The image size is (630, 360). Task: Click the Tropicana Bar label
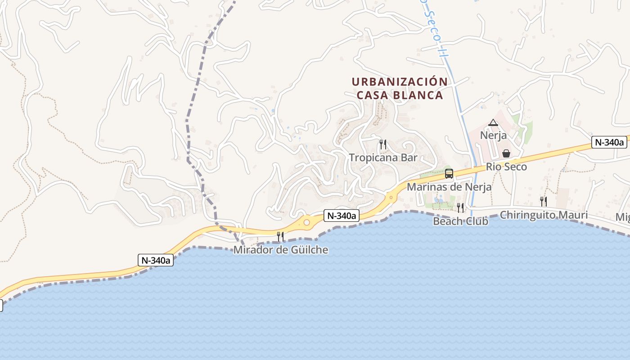pyautogui.click(x=383, y=157)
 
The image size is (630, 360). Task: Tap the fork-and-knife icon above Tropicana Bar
pyautogui.click(x=383, y=144)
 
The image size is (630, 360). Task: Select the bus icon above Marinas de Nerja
pyautogui.click(x=449, y=174)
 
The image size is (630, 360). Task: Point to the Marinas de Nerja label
pyautogui.click(x=449, y=186)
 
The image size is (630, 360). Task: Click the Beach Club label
pyautogui.click(x=460, y=221)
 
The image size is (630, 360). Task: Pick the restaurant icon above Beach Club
pyautogui.click(x=460, y=207)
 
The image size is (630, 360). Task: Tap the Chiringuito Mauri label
pyautogui.click(x=544, y=215)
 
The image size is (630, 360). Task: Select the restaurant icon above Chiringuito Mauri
pyautogui.click(x=544, y=201)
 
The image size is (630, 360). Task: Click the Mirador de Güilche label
pyautogui.click(x=280, y=250)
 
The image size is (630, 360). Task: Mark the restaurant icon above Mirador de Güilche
pyautogui.click(x=280, y=236)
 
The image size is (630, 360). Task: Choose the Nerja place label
pyautogui.click(x=493, y=135)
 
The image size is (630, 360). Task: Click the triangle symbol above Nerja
pyautogui.click(x=493, y=122)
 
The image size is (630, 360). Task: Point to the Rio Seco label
pyautogui.click(x=506, y=166)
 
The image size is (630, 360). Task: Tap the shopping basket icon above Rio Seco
pyautogui.click(x=506, y=153)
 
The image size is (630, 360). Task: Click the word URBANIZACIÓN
pyautogui.click(x=400, y=82)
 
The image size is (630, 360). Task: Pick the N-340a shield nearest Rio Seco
pyautogui.click(x=609, y=142)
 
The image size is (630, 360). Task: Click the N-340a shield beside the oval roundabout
pyautogui.click(x=341, y=216)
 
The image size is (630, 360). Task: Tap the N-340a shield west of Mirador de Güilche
pyautogui.click(x=156, y=260)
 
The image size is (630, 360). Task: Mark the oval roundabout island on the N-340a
pyautogui.click(x=307, y=222)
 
